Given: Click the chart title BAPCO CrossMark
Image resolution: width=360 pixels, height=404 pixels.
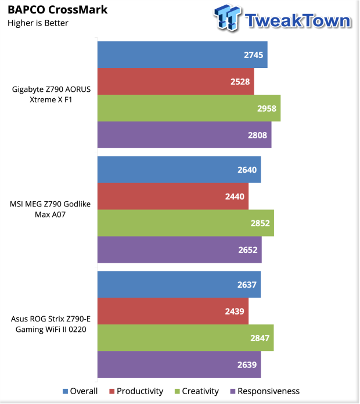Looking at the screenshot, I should (57, 10).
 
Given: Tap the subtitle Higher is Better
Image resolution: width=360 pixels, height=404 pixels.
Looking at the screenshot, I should (38, 23).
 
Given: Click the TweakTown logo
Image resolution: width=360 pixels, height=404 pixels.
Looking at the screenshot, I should (283, 19).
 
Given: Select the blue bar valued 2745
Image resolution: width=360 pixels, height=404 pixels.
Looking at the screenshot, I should (182, 55).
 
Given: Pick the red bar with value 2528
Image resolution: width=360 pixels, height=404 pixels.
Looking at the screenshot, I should (175, 81).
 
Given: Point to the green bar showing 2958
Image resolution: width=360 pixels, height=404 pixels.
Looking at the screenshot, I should (189, 108).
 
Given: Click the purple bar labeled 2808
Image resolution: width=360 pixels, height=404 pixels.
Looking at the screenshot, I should (184, 135).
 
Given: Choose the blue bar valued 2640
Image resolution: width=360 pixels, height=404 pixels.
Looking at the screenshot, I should (179, 170).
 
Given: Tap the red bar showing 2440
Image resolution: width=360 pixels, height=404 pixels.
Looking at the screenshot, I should (172, 196).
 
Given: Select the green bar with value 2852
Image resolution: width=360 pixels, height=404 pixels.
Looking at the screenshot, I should (185, 223).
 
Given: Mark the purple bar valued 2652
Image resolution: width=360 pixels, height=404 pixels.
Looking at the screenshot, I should (179, 250).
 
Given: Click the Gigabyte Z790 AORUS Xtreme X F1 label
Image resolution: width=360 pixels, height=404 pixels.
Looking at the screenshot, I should (52, 95).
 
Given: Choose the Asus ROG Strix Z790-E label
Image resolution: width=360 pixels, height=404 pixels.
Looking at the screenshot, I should (51, 324).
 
